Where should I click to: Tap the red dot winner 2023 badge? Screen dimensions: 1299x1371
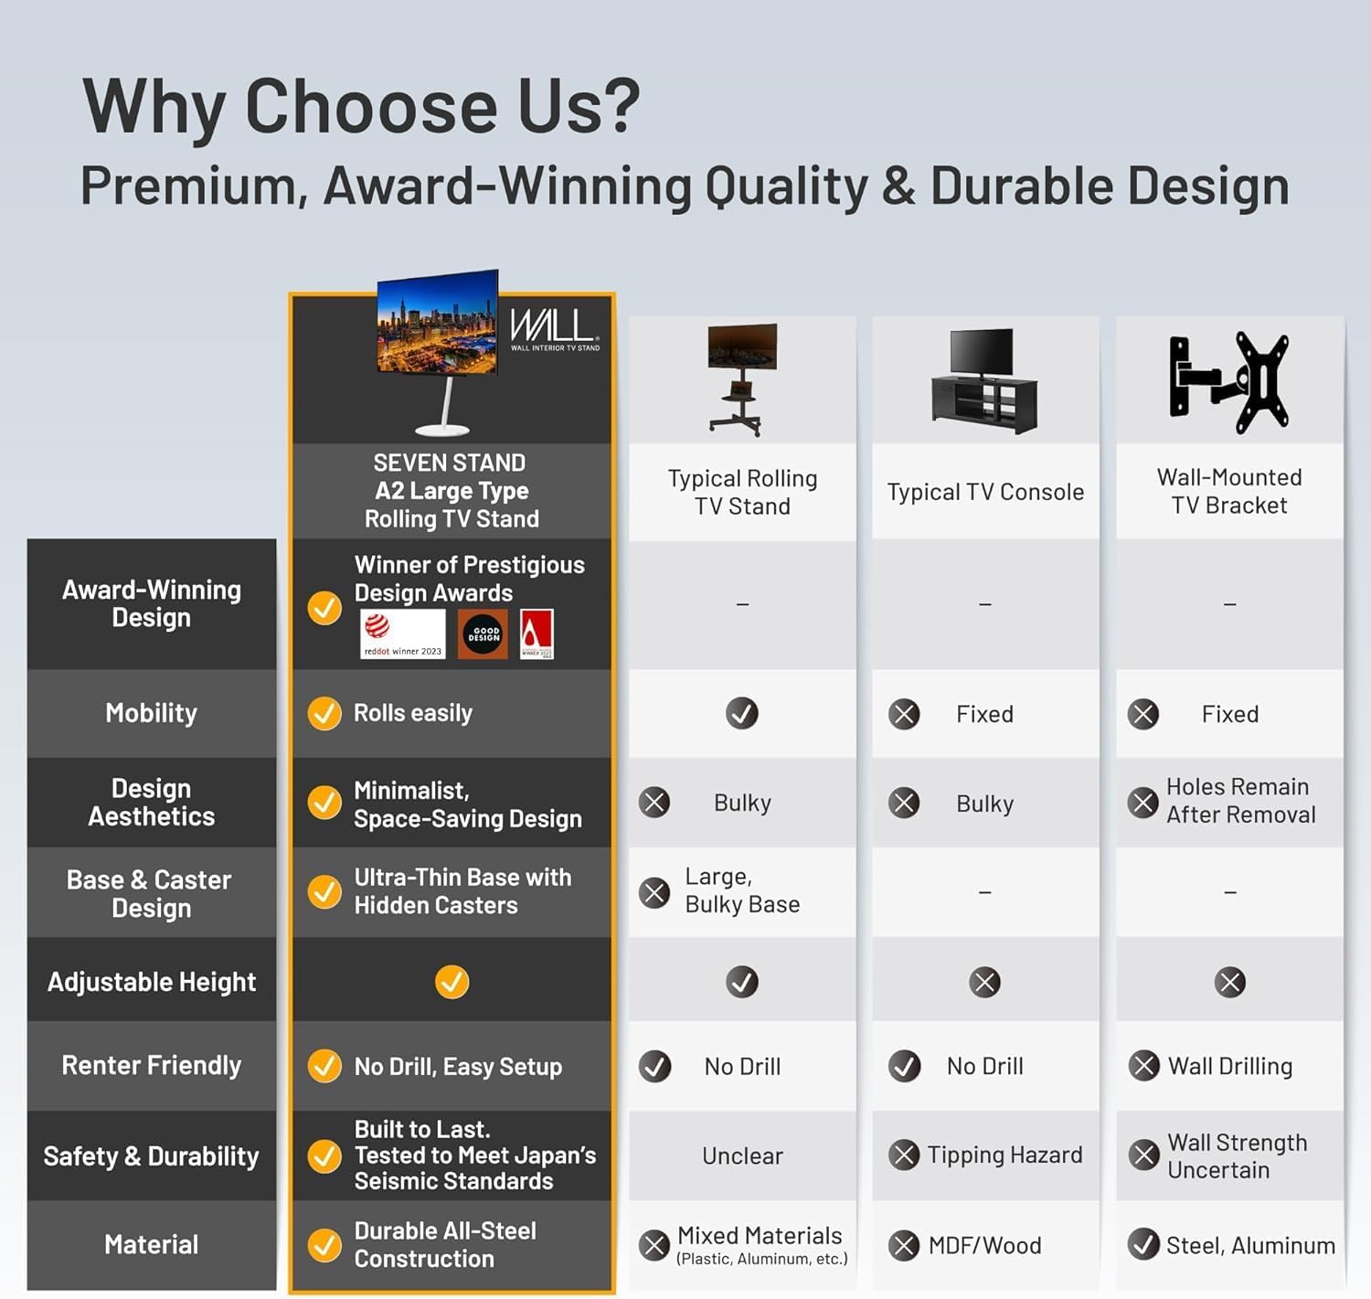click(403, 634)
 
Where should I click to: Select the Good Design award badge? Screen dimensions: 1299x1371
click(484, 634)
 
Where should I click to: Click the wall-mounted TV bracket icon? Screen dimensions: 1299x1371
click(1229, 382)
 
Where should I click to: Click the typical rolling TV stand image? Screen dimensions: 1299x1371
click(742, 378)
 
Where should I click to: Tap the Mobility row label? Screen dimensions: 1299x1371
click(151, 713)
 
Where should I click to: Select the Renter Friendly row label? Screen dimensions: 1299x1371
click(151, 1066)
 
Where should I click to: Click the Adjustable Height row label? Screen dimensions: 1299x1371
click(151, 982)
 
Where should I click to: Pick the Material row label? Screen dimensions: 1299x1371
click(151, 1244)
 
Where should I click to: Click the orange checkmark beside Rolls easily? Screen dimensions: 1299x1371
click(324, 713)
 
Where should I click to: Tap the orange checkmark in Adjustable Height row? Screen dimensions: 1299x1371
click(452, 982)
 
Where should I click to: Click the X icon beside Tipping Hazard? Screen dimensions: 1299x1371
click(904, 1155)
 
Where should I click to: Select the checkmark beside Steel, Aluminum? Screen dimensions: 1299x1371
click(1143, 1244)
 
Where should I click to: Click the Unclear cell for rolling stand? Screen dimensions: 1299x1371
click(742, 1156)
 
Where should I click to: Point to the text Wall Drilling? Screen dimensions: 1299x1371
click(1230, 1067)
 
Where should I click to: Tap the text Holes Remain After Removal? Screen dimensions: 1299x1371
click(1240, 801)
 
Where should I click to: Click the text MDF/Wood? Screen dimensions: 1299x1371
click(984, 1246)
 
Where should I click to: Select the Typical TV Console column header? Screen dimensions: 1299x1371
click(985, 492)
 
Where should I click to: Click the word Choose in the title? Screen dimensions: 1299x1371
click(371, 106)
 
